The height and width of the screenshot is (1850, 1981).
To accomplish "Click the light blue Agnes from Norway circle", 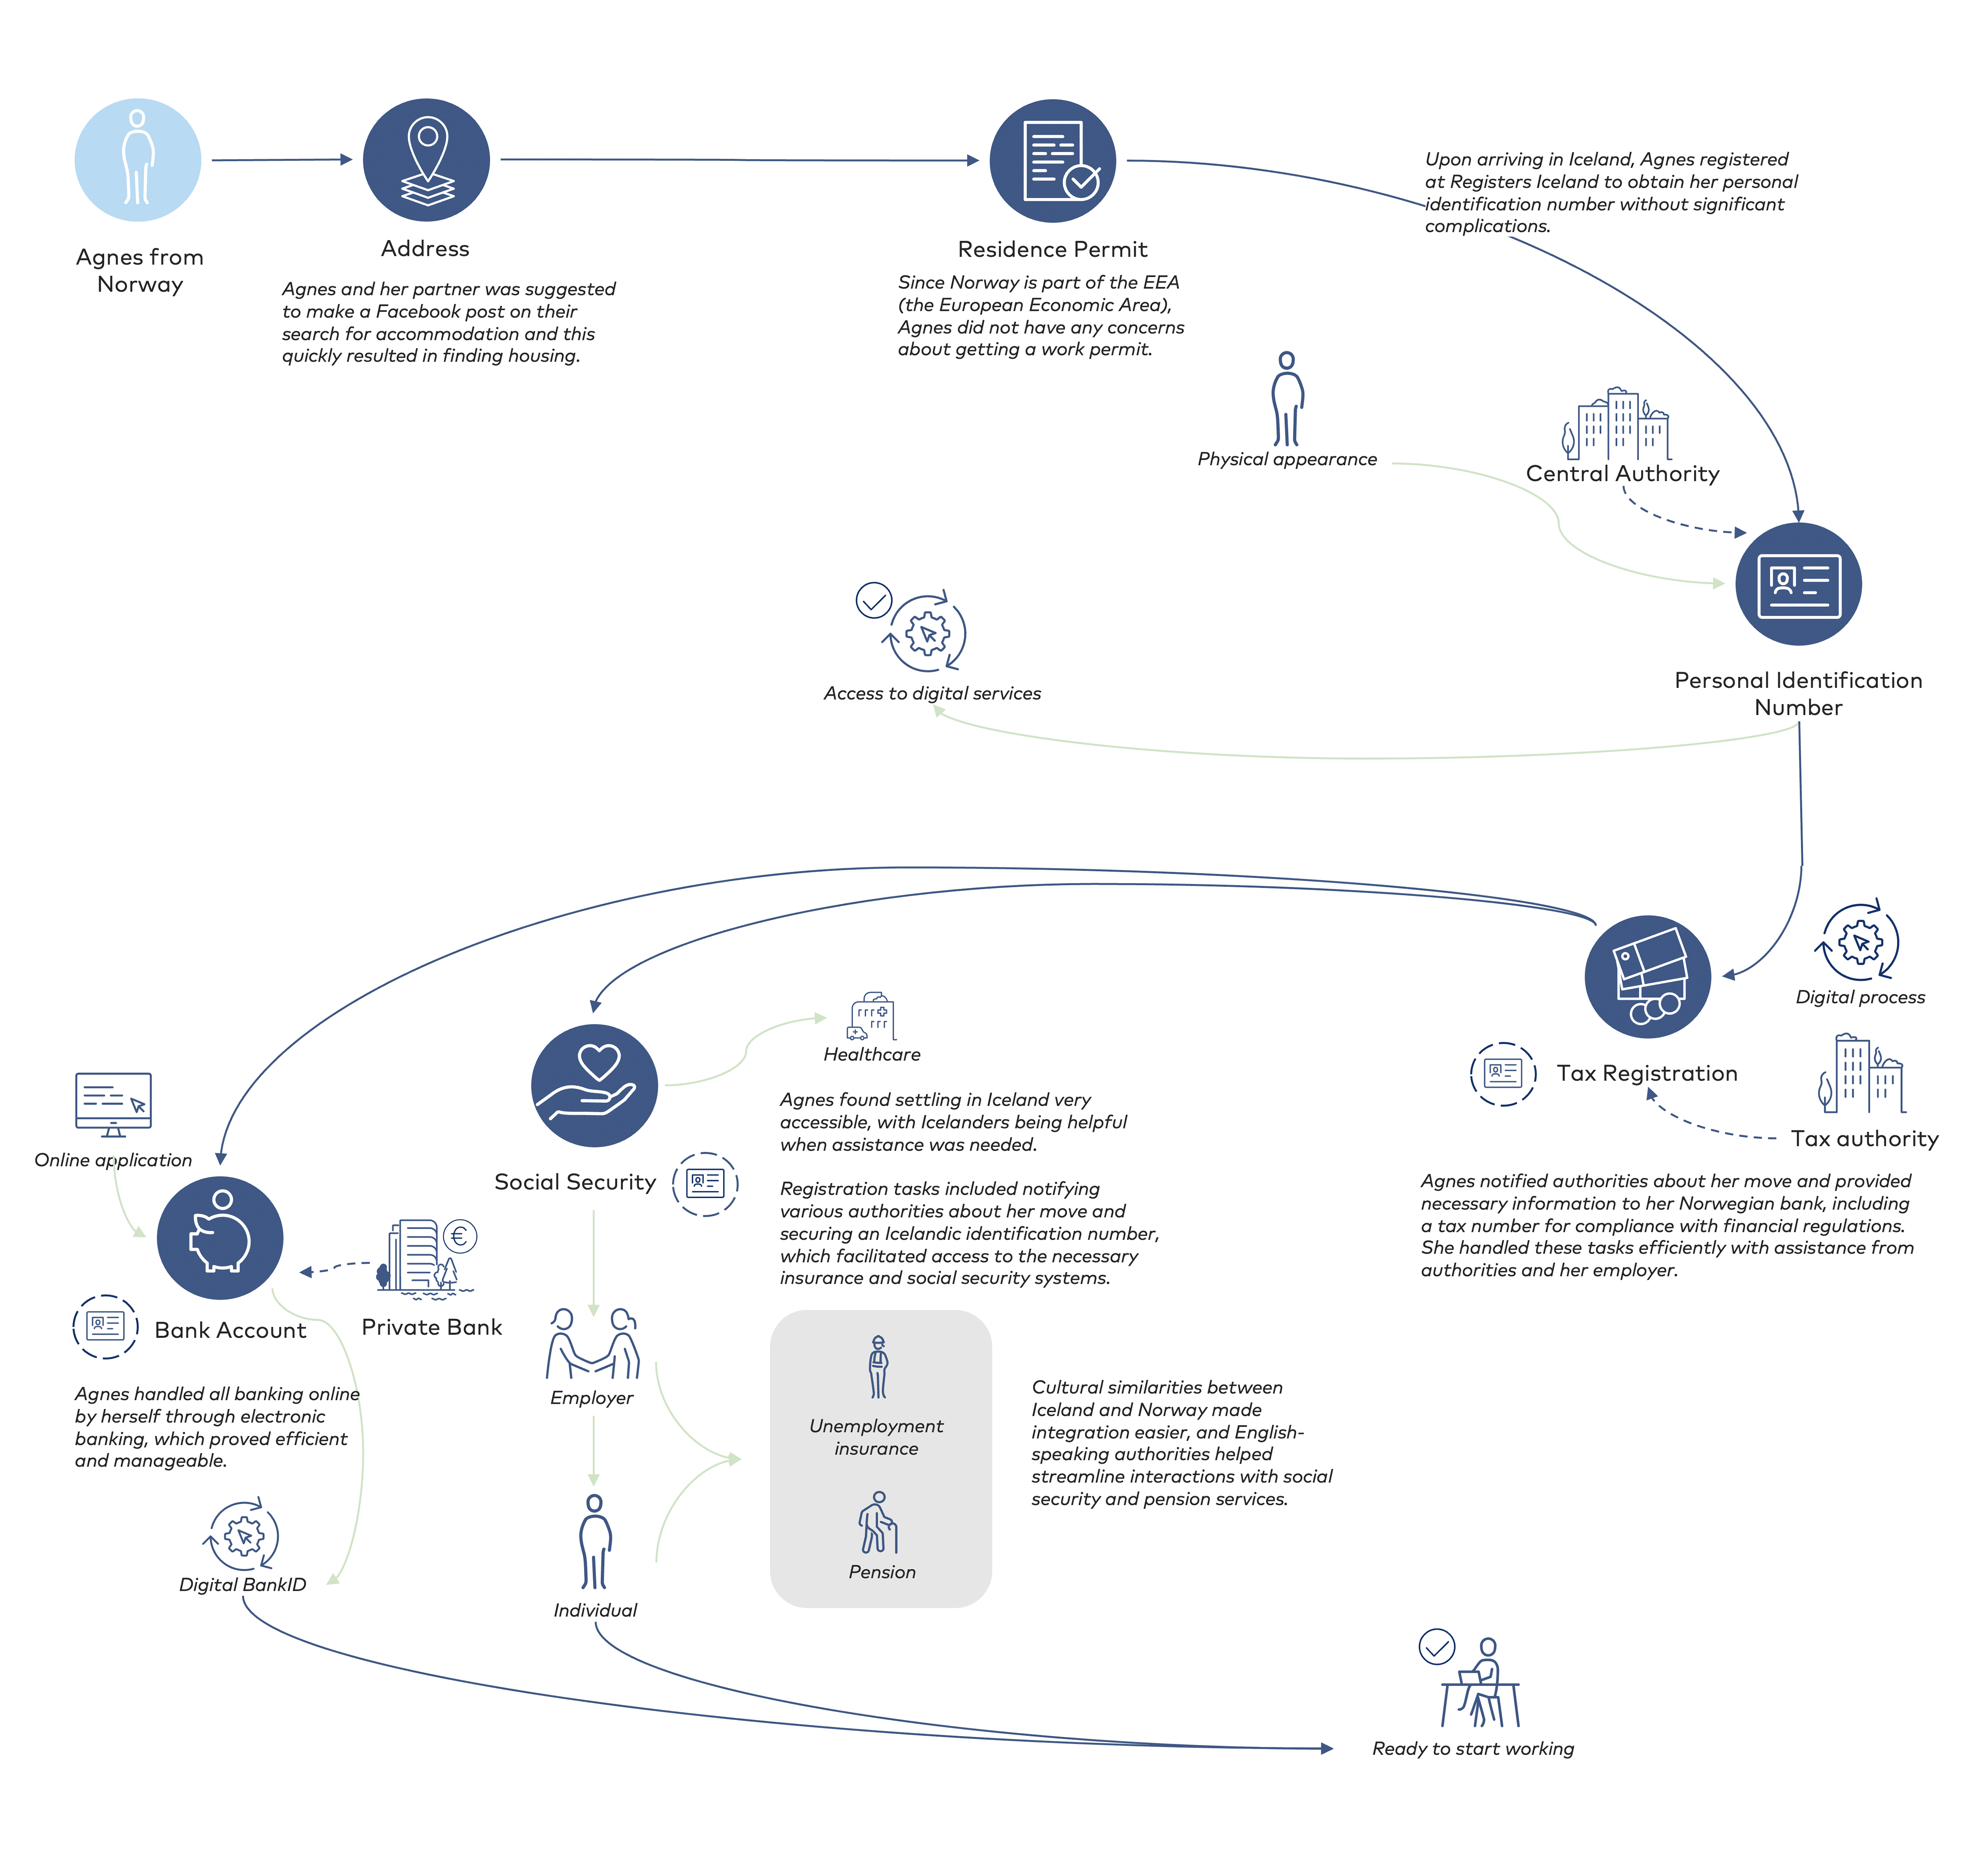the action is [x=137, y=160].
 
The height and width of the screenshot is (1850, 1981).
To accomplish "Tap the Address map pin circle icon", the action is [x=426, y=160].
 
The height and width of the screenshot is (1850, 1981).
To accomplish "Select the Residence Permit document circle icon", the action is [x=1052, y=160].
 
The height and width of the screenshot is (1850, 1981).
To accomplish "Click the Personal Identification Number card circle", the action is [x=1799, y=584].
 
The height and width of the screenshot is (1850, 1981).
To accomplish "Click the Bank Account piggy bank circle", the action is [x=220, y=1238].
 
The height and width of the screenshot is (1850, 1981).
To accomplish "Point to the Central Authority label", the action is [x=1622, y=473].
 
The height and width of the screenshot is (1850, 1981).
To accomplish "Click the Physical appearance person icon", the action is [x=1287, y=399].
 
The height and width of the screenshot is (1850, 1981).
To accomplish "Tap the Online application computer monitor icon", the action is [x=114, y=1105].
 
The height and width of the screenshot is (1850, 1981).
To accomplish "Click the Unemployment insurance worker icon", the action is [x=878, y=1367].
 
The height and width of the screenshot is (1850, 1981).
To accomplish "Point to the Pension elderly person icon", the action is [x=878, y=1522].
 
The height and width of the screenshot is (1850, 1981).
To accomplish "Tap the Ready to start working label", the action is [x=1473, y=1748].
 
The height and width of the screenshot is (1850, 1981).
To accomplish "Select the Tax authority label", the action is [x=1864, y=1138].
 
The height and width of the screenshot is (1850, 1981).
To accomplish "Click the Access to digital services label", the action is [x=932, y=693].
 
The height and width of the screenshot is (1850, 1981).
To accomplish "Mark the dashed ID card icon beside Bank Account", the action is [x=105, y=1326].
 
